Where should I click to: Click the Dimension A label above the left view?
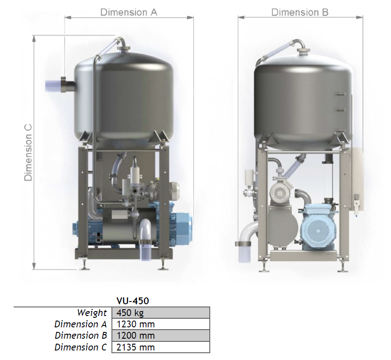[x=129, y=12]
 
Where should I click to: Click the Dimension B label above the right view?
[x=300, y=12]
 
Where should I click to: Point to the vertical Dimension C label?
[x=28, y=152]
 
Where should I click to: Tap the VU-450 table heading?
[x=133, y=301]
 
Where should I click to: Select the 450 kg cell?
[x=160, y=312]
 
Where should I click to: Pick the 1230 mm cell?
[x=160, y=324]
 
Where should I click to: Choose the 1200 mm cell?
[x=160, y=336]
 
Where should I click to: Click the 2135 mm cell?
[x=160, y=347]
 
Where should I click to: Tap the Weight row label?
[x=92, y=313]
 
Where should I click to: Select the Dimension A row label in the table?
[x=81, y=324]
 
